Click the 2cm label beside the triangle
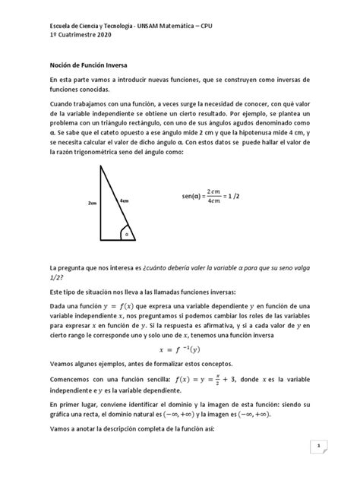(93, 204)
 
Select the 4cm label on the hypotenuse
(124, 201)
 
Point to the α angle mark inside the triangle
(128, 233)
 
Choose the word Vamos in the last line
(61, 428)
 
